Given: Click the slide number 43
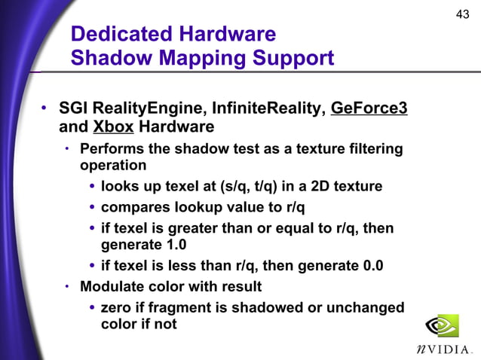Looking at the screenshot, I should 462,14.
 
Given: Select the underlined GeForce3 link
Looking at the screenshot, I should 369,108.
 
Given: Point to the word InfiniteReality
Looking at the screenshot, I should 268,108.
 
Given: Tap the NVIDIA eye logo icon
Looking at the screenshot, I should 442,326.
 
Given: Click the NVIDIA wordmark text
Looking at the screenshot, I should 445,349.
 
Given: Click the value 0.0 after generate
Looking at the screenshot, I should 367,265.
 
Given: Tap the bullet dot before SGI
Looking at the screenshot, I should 44,109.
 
